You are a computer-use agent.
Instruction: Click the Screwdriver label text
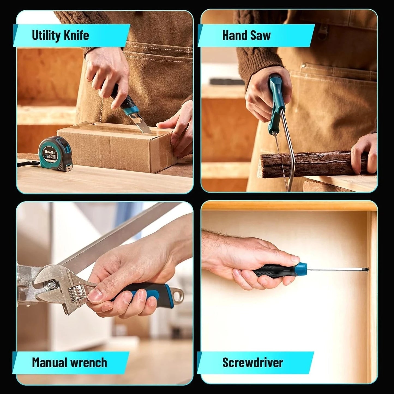click(252, 363)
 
